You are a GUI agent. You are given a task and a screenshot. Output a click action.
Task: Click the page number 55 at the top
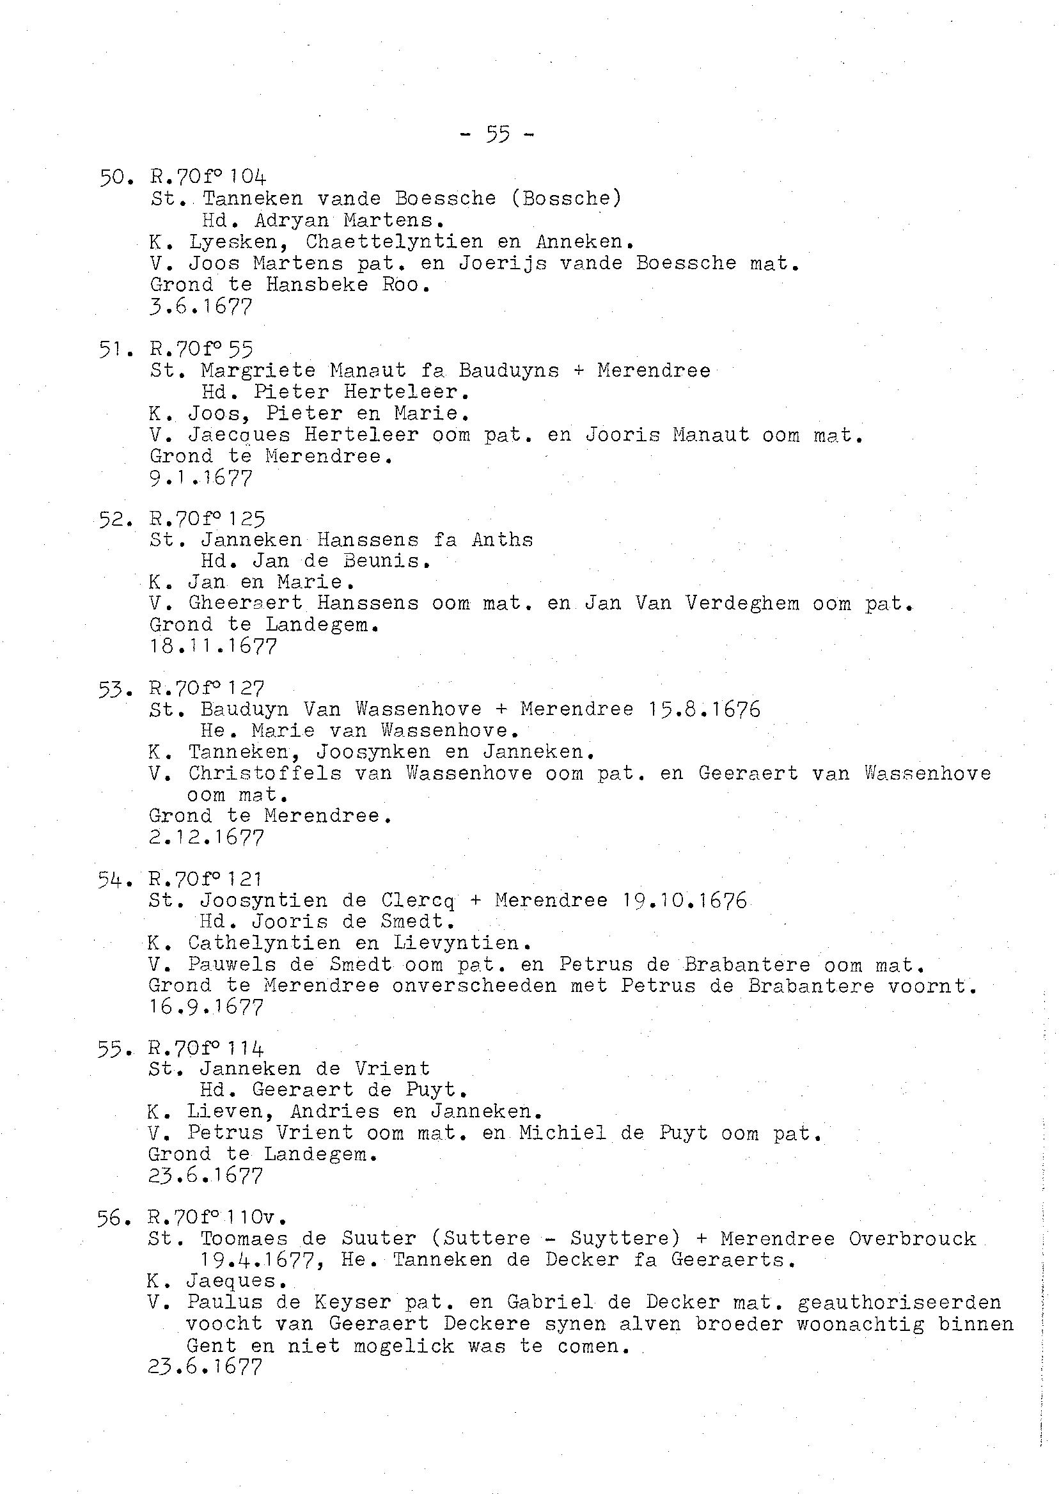[497, 136]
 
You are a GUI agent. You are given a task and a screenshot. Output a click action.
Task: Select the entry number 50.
[115, 177]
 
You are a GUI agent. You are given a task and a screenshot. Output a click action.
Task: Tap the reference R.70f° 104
[207, 177]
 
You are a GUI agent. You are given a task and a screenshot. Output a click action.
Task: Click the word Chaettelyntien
[394, 242]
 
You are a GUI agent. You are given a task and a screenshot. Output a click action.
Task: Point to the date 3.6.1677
[200, 306]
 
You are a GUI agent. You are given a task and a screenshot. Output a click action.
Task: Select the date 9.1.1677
[200, 478]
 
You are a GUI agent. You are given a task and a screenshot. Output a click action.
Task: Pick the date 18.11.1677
[212, 646]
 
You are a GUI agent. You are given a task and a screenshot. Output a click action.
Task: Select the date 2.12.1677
[206, 837]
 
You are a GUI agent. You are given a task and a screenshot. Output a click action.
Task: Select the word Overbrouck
[912, 1239]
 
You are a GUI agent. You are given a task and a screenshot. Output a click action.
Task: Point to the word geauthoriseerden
[899, 1302]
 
